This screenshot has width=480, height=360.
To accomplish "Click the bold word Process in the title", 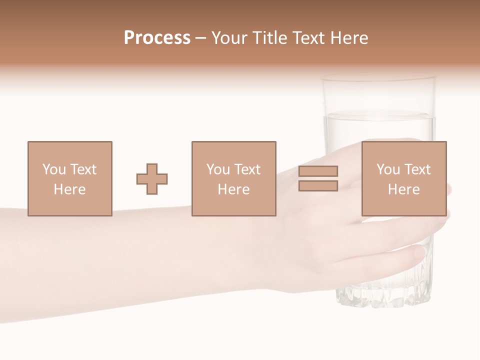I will pyautogui.click(x=157, y=38).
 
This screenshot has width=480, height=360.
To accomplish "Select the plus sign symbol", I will pyautogui.click(x=152, y=179).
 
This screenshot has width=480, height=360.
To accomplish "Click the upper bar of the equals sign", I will pyautogui.click(x=318, y=171).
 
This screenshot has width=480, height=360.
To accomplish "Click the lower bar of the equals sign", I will pyautogui.click(x=318, y=186).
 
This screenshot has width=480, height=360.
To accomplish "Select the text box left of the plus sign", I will pyautogui.click(x=70, y=178).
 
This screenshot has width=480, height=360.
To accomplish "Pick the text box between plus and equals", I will pyautogui.click(x=233, y=178).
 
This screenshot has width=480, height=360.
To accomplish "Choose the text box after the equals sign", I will pyautogui.click(x=404, y=178).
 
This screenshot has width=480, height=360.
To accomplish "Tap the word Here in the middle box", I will pyautogui.click(x=233, y=189).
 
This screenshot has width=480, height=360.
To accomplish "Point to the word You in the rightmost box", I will pyautogui.click(x=388, y=169).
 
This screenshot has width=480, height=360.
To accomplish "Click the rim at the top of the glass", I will pyautogui.click(x=378, y=78).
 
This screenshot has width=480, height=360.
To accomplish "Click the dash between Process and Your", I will pyautogui.click(x=201, y=38).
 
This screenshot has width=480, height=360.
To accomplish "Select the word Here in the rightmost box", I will pyautogui.click(x=404, y=189).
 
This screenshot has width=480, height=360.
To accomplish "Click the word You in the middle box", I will pyautogui.click(x=218, y=169).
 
